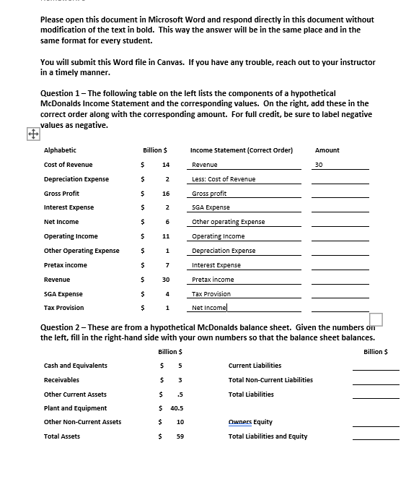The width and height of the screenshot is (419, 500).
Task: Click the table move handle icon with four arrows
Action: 32,134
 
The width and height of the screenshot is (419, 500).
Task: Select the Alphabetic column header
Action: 60,150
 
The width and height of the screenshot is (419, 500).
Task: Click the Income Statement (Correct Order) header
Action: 241,150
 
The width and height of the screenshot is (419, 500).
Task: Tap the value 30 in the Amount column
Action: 319,165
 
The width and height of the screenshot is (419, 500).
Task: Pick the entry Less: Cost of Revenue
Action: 224,179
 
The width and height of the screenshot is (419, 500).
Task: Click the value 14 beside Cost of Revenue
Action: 165,165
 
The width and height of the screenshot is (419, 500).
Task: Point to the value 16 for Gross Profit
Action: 165,194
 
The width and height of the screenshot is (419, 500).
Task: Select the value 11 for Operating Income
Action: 165,236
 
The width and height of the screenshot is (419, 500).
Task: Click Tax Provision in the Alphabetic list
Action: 63,308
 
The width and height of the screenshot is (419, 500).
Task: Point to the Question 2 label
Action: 66,328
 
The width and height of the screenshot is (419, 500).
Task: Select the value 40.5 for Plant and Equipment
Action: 176,408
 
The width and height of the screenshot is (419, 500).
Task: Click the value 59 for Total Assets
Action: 180,436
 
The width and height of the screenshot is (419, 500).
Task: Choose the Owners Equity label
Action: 250,422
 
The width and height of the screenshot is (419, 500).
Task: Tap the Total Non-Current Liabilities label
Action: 270,380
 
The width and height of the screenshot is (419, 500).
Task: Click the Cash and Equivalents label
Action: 75,366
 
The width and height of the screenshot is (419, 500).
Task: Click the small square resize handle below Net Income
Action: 375,319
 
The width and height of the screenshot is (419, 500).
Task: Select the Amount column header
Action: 327,150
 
